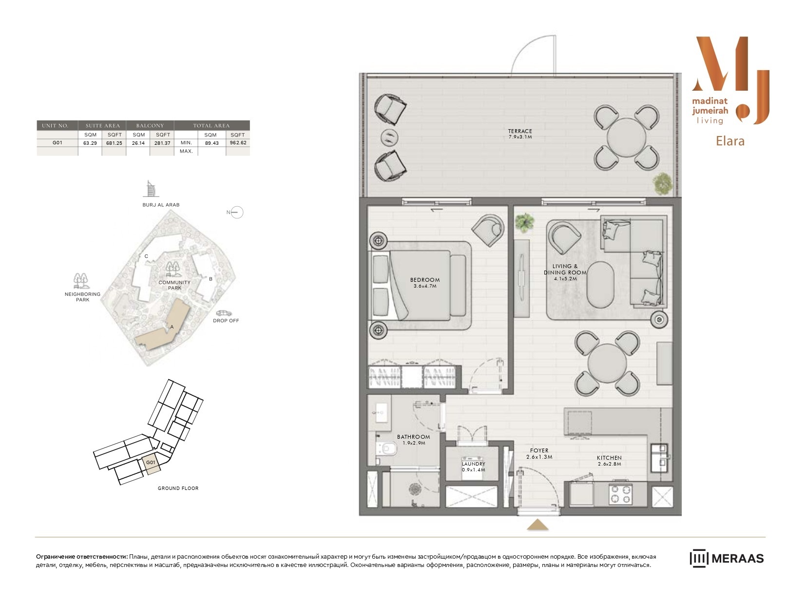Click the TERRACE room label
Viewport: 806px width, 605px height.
point(520,131)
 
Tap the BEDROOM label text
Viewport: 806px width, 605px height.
point(425,280)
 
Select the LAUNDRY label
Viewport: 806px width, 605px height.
point(473,464)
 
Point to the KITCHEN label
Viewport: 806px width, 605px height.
point(609,458)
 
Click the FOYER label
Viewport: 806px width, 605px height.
point(539,450)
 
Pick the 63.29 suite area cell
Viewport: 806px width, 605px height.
point(90,143)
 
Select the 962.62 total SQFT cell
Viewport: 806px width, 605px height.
point(238,142)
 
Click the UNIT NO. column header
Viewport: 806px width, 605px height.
point(55,126)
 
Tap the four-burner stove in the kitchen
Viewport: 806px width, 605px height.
point(620,494)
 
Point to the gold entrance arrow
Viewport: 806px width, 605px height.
point(537,525)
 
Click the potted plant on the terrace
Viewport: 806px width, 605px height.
point(662,184)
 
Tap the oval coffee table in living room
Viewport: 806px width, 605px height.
point(600,284)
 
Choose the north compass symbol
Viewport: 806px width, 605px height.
point(235,213)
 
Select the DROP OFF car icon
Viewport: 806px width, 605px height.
point(224,313)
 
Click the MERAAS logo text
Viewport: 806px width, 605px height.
point(738,559)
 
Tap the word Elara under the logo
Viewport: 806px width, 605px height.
point(730,141)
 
